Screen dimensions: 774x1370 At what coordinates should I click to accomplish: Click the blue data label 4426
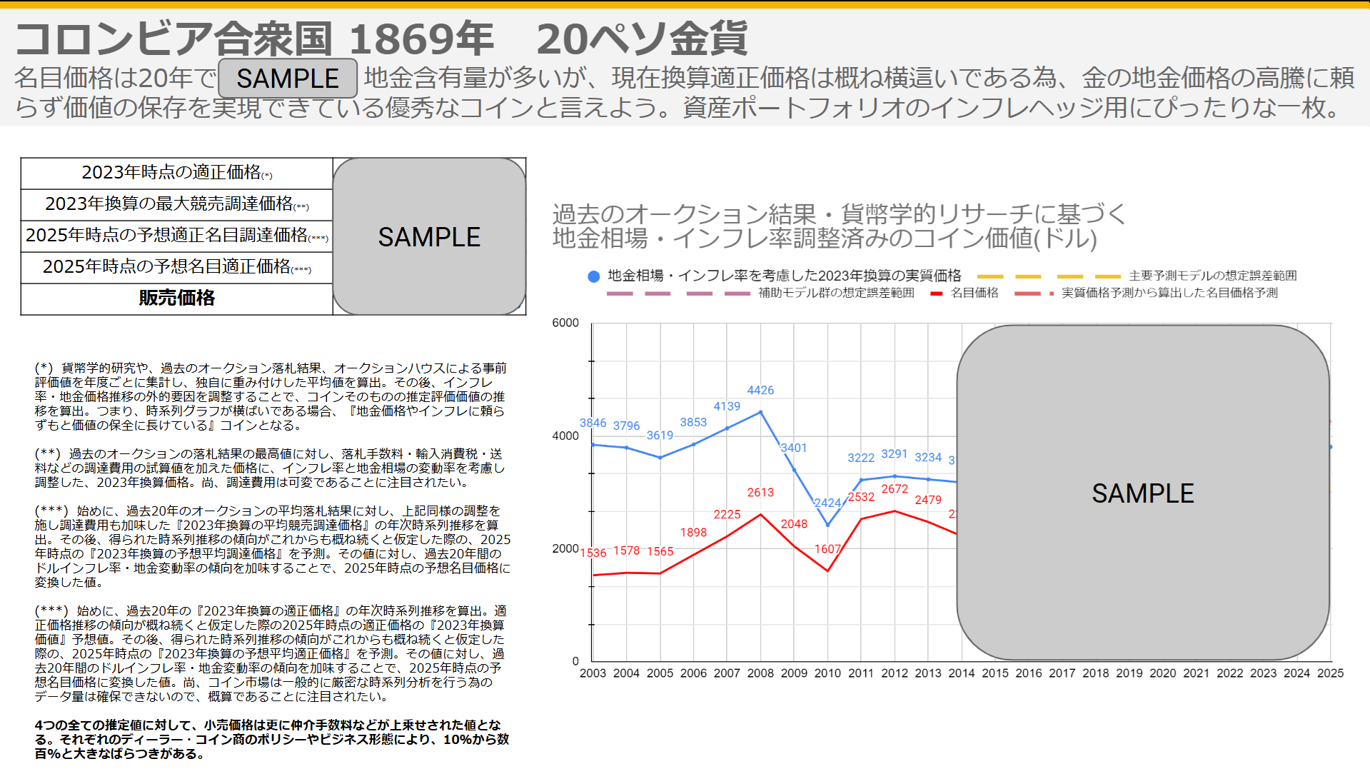click(760, 390)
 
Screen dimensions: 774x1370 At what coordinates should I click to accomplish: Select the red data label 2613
click(760, 492)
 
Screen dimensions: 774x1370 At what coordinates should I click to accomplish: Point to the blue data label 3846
click(593, 423)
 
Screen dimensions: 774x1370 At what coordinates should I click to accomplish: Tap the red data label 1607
click(827, 548)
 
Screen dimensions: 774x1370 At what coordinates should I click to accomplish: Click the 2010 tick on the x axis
click(827, 673)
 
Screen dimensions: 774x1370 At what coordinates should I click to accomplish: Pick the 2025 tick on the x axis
click(1330, 673)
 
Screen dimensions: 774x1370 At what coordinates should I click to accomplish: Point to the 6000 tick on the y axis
click(565, 323)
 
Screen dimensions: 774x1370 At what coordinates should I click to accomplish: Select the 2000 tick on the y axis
click(565, 548)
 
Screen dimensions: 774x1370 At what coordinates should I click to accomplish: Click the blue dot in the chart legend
click(593, 276)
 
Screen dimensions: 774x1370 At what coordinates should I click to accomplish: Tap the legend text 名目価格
click(974, 293)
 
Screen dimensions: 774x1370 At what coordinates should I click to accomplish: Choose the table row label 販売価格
click(177, 298)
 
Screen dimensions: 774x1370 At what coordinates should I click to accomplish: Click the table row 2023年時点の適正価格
click(176, 173)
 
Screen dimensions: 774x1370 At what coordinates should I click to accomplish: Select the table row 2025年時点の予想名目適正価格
click(176, 267)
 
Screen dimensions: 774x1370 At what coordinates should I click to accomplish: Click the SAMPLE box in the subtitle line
click(288, 79)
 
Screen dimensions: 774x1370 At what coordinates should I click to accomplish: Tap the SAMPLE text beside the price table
click(429, 237)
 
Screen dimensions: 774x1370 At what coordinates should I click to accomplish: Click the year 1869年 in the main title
click(421, 39)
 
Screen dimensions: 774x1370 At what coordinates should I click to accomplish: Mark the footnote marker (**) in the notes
click(48, 453)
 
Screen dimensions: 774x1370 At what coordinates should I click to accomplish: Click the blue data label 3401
click(793, 448)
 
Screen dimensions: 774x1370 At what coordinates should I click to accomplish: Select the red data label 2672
click(895, 488)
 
